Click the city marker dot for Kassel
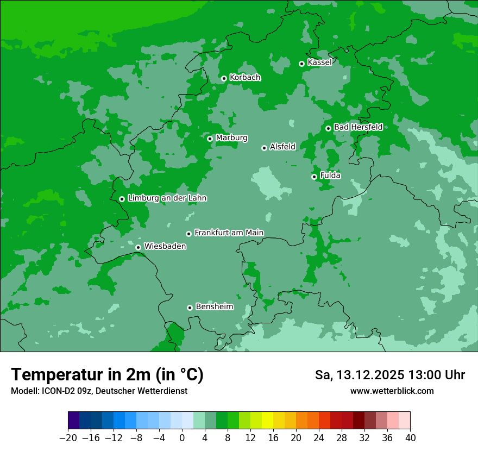[x=301, y=64]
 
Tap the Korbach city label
[x=245, y=78]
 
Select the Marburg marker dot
[x=210, y=139]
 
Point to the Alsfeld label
[x=282, y=147]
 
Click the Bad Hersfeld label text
[x=358, y=127]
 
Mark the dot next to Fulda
[x=314, y=177]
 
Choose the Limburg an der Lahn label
[x=167, y=198]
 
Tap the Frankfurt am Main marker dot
[x=188, y=234]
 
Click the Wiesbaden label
[x=165, y=247]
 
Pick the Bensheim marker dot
[x=190, y=308]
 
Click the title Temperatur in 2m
[x=107, y=374]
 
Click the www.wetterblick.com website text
[x=392, y=391]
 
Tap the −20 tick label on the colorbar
[x=68, y=437]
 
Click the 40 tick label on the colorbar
[x=410, y=437]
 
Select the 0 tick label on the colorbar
[x=182, y=437]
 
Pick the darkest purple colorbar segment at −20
[x=73, y=421]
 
